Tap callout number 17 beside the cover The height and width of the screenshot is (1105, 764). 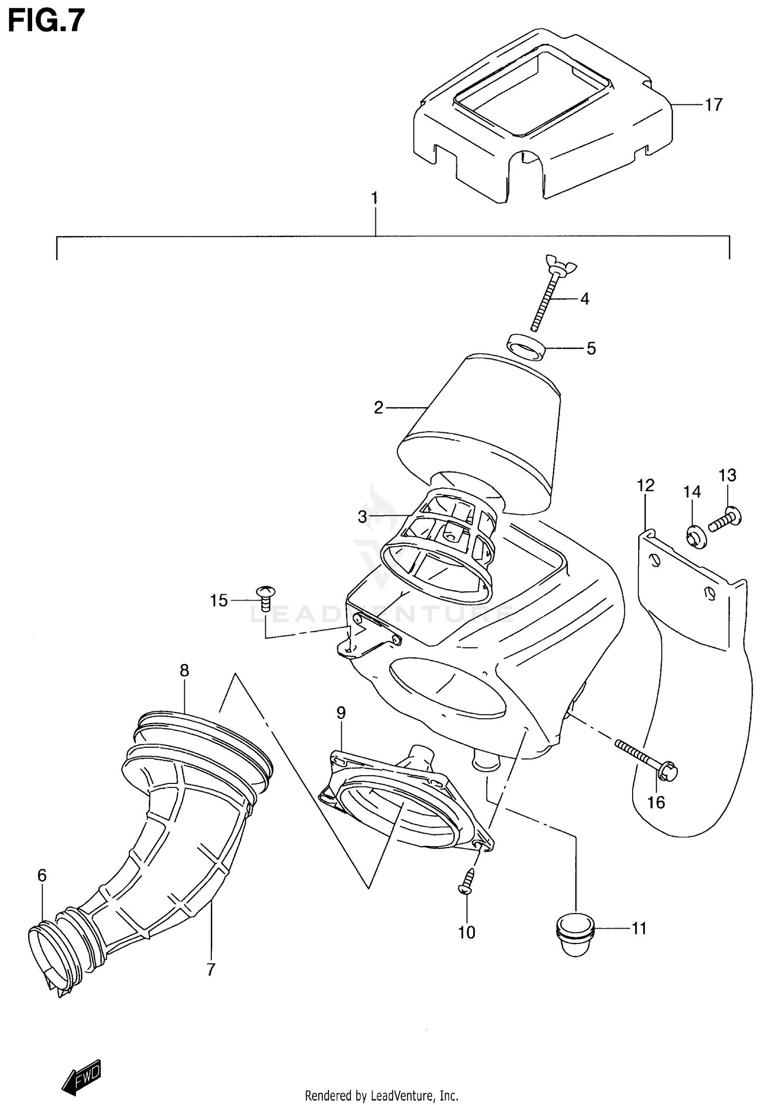[713, 104]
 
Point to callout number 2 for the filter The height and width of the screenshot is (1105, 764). [378, 408]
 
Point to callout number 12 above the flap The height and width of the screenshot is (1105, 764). [645, 485]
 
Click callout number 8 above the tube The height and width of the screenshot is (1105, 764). [184, 670]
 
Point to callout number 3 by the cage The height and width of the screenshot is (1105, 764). [362, 517]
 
